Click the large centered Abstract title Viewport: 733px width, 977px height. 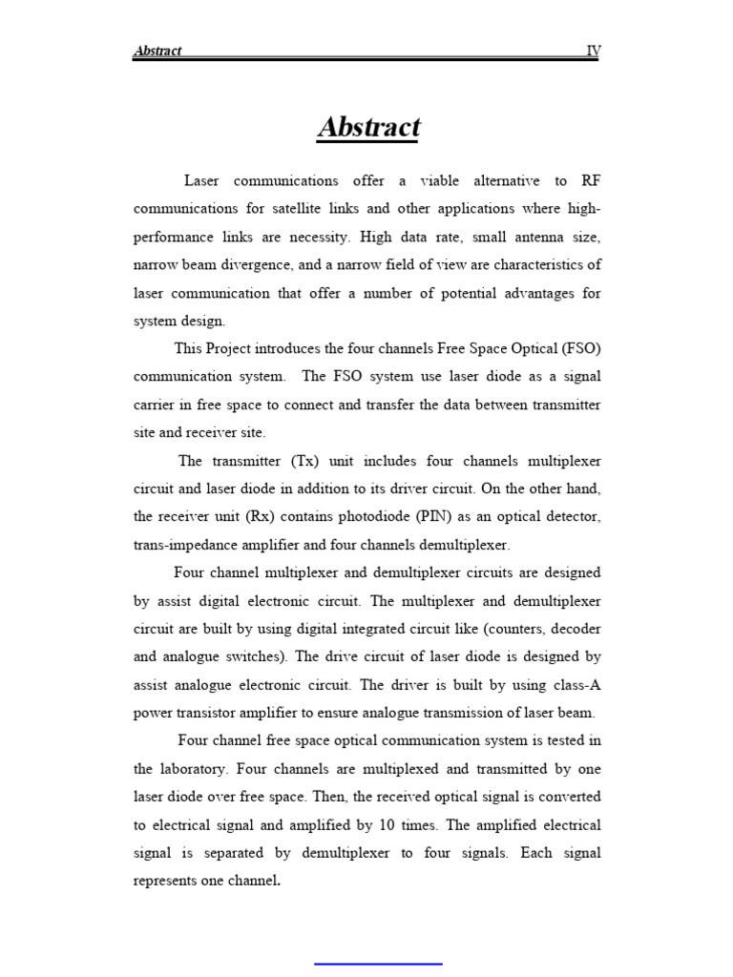[x=368, y=127]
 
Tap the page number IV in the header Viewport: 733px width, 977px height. [x=593, y=51]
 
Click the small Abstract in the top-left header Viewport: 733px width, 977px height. [x=157, y=51]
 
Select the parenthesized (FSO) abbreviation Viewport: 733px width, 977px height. [x=581, y=348]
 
